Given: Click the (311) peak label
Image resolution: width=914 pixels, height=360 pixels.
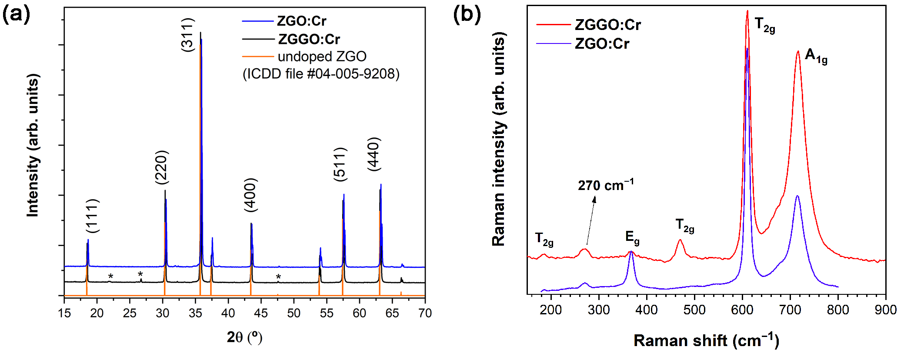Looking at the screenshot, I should [x=187, y=35].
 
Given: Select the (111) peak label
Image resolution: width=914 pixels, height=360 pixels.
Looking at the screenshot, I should [x=92, y=216].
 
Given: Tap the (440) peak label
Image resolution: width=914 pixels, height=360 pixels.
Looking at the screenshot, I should [x=374, y=154].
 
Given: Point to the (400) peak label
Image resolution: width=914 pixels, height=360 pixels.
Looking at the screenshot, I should [x=251, y=195].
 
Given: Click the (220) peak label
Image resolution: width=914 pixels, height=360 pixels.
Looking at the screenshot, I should [x=161, y=167].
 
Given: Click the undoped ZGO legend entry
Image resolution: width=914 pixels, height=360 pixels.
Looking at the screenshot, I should [x=322, y=57].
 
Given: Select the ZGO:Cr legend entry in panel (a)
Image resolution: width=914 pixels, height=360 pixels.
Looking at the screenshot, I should [x=301, y=21].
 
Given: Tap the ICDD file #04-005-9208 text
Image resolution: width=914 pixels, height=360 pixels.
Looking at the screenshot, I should [x=321, y=74].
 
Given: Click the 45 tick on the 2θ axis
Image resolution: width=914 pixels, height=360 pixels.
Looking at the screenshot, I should [x=261, y=313].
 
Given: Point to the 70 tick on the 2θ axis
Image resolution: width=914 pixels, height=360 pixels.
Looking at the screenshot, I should [x=425, y=313].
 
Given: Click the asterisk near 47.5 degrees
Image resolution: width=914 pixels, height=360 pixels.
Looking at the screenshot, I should [x=278, y=277].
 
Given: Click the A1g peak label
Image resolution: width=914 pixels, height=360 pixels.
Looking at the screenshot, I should [x=816, y=56].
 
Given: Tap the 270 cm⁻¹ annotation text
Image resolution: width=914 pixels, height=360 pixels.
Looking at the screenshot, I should [x=605, y=185].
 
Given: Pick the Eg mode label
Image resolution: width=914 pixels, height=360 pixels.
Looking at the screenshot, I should [x=632, y=237].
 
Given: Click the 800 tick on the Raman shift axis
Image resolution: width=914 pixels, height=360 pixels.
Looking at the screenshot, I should [x=838, y=310].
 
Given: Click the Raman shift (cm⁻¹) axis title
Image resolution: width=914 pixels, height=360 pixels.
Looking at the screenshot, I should [x=706, y=340].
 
